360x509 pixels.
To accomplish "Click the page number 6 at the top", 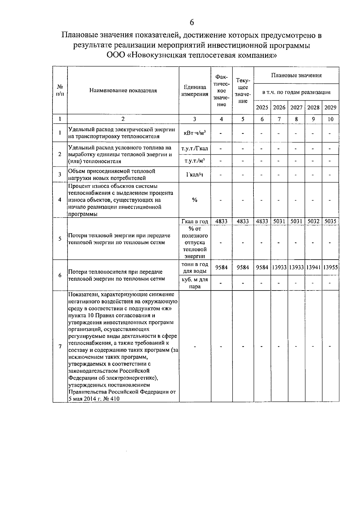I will point(192,23).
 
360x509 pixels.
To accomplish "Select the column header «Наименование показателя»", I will point(123,91).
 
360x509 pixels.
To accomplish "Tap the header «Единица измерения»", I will point(195,91).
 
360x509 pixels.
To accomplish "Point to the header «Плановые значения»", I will point(296,75).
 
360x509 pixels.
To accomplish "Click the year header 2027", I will point(296,107).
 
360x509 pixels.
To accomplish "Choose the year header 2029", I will point(330,107).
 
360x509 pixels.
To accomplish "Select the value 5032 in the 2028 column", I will point(313,221).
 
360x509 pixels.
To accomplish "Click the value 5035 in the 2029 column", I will point(330,221).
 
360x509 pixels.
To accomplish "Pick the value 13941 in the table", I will point(313,267).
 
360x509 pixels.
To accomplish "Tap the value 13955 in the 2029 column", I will point(330,267).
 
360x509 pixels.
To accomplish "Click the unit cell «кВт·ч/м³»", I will point(195,133).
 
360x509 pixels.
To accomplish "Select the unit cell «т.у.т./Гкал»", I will point(195,149).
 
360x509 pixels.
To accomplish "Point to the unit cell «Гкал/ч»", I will point(195,175).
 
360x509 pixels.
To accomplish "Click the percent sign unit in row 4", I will point(195,200).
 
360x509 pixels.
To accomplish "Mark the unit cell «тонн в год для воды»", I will point(195,268).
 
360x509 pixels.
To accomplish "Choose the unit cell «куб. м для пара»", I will point(195,283).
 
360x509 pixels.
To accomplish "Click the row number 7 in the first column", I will point(60,346).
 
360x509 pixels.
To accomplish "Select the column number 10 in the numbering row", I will point(330,119).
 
